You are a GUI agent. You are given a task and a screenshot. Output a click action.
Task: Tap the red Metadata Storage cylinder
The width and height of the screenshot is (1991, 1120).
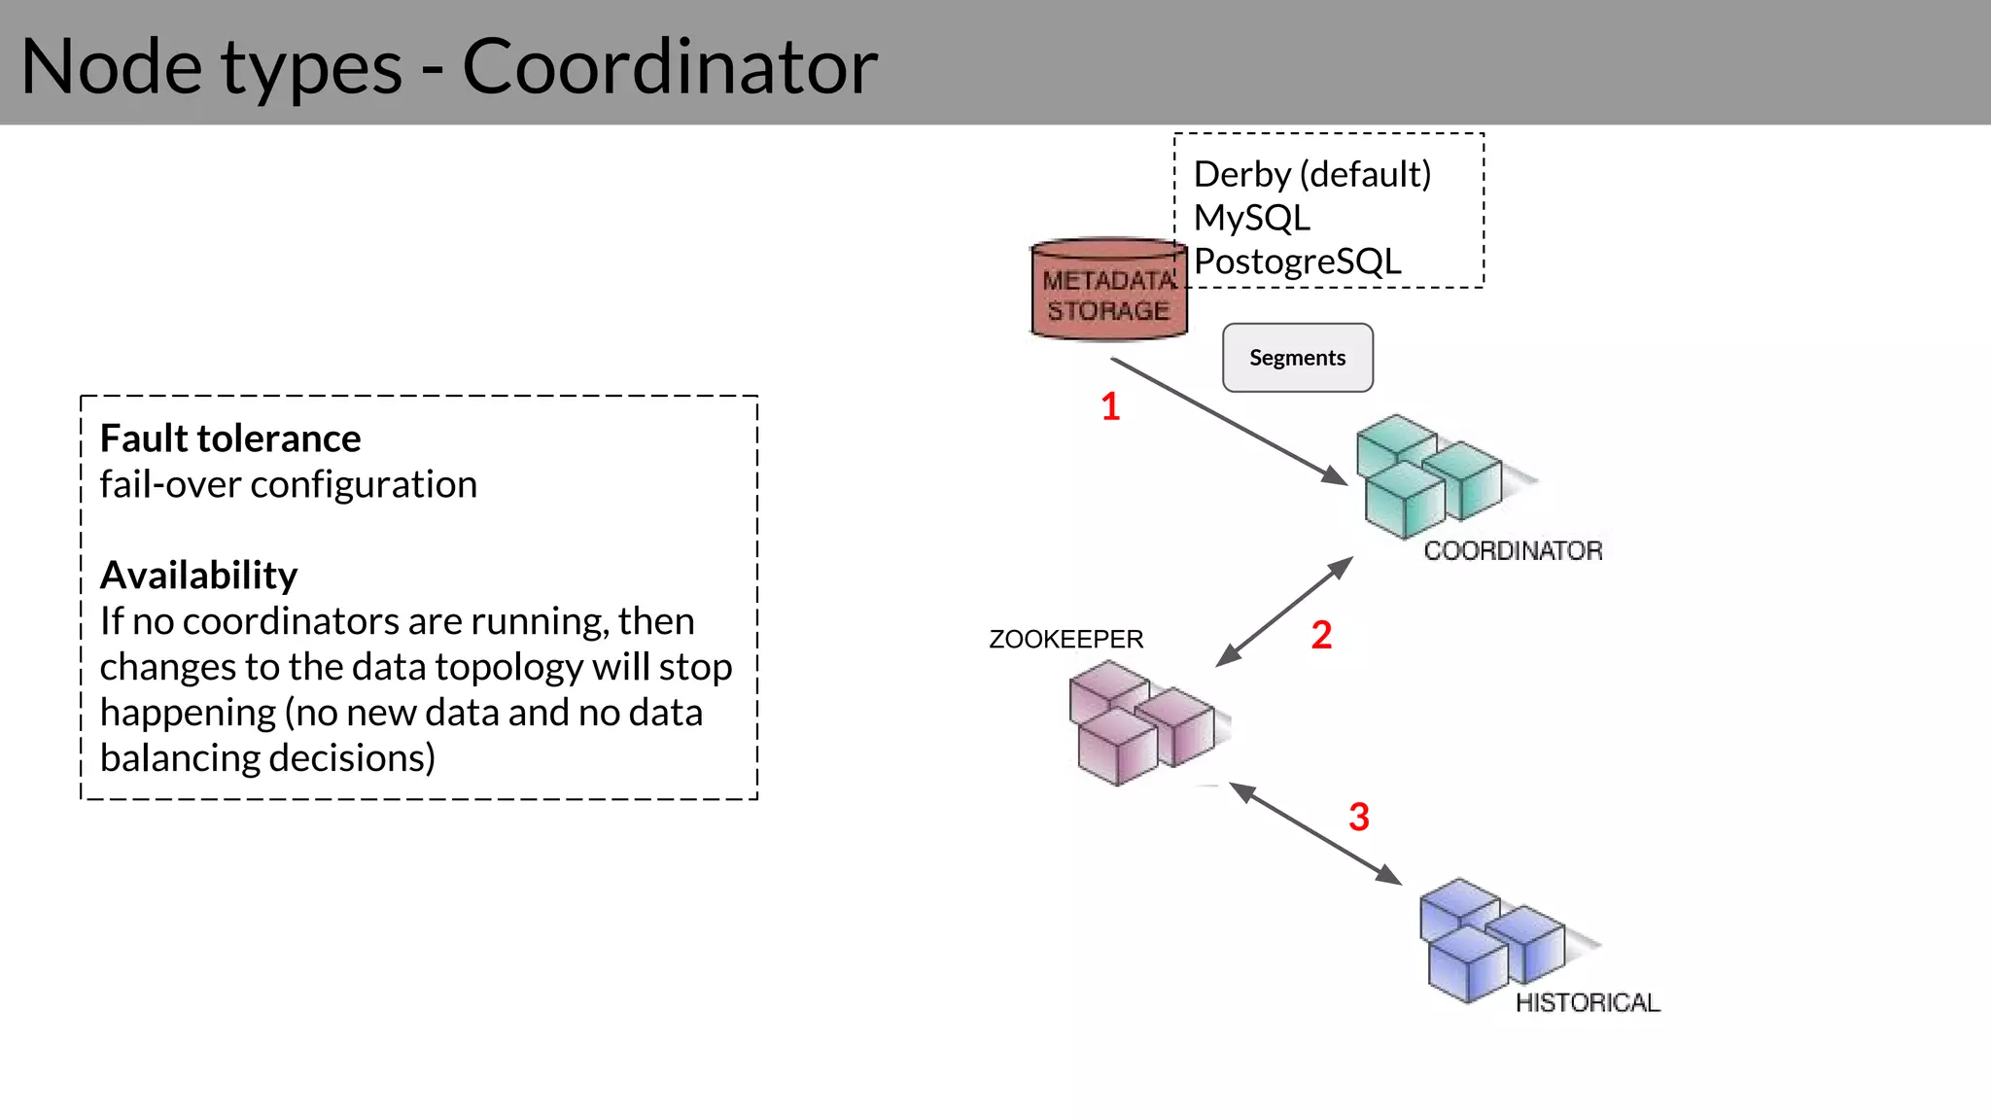(x=1108, y=291)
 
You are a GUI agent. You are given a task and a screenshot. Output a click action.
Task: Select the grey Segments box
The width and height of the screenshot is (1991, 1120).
(x=1297, y=358)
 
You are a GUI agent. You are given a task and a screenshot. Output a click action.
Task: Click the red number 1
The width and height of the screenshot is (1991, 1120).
(x=1110, y=406)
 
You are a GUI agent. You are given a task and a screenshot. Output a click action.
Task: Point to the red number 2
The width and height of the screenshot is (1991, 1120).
(x=1321, y=635)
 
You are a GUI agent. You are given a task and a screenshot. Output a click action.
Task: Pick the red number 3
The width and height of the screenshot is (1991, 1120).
(x=1358, y=817)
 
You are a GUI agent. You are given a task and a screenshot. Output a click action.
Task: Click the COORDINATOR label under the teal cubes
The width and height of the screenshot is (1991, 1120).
(x=1513, y=551)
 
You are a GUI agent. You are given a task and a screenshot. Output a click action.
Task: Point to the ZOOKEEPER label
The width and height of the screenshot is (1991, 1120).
(x=1065, y=640)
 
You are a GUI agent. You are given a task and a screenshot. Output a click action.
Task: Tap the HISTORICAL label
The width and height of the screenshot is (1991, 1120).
(x=1587, y=1002)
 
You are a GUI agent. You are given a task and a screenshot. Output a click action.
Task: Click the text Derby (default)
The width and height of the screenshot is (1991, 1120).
(x=1311, y=174)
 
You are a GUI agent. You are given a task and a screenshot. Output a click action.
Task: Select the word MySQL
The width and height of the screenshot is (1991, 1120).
(x=1251, y=218)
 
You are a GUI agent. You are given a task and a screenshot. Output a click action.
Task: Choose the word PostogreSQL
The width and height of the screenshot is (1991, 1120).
(x=1297, y=262)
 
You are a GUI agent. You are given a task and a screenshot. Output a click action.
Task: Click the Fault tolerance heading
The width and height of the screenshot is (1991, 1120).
(x=230, y=438)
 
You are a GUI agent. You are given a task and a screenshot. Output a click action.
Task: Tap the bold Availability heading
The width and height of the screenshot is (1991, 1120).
(x=198, y=576)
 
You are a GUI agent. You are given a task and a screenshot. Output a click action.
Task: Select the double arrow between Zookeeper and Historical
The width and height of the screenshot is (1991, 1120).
(x=1314, y=833)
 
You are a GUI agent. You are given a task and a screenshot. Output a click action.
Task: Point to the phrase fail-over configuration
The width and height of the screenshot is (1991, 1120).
(x=288, y=484)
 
